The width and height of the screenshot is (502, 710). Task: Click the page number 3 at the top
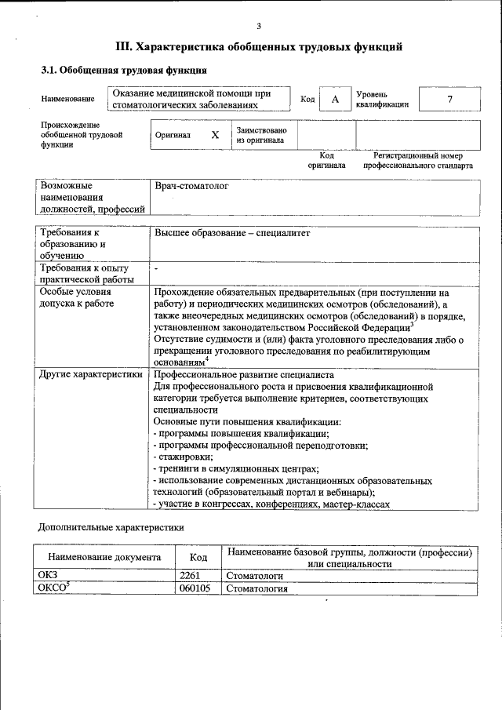pos(258,26)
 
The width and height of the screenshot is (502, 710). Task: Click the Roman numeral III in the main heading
pos(125,47)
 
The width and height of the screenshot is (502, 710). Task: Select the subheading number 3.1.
pos(49,71)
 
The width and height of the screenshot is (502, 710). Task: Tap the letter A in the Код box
pos(335,99)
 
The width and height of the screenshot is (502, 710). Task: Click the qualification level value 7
pos(449,99)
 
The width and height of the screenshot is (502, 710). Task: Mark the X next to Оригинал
pos(215,135)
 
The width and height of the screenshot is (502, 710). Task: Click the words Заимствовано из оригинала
pos(261,135)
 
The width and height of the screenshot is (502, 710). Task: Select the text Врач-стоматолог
pos(191,187)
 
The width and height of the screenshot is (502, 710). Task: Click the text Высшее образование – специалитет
pos(232,233)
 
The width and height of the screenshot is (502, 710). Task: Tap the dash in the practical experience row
pos(157,269)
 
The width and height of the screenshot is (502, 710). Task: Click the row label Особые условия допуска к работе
pos(76,297)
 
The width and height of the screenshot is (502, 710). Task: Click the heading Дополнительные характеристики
pos(111,527)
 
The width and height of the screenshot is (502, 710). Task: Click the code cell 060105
pos(195,588)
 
